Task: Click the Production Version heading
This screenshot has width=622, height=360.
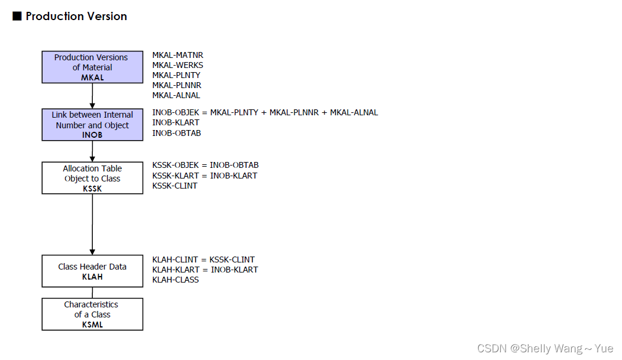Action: [76, 17]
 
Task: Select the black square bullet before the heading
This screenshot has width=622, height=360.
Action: [17, 17]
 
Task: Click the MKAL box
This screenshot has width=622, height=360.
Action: [92, 67]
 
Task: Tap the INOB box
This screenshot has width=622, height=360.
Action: [92, 124]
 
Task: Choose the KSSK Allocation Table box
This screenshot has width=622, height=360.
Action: [92, 178]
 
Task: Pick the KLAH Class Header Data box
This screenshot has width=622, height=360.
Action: [92, 271]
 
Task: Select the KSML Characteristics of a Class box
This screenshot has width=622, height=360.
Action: [92, 314]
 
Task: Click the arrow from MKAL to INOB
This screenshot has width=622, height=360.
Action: [92, 96]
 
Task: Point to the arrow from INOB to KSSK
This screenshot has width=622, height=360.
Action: [92, 151]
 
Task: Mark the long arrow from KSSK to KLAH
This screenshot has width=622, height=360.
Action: [92, 225]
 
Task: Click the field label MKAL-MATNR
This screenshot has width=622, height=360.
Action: [177, 55]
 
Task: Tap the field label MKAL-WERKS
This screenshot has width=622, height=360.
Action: [177, 65]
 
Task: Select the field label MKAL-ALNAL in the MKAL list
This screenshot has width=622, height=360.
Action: [176, 95]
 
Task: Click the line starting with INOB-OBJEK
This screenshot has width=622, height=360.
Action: [265, 112]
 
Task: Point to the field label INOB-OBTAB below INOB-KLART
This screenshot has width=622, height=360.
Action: [176, 133]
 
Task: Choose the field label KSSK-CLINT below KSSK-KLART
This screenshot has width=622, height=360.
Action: [174, 186]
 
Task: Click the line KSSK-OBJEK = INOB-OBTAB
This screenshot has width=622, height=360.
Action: [205, 165]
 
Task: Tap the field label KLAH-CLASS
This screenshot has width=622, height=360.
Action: [175, 280]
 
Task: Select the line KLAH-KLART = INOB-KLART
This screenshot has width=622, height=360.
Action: [205, 270]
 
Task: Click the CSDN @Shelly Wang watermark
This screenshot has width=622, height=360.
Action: [545, 348]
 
